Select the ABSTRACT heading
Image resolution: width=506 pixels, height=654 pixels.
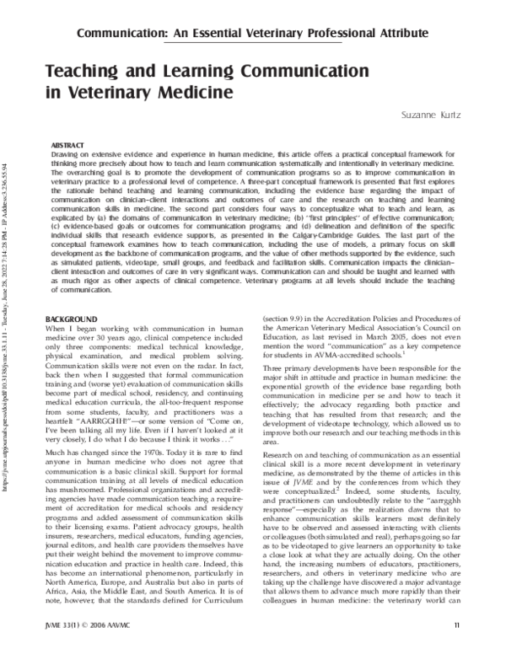68,145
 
